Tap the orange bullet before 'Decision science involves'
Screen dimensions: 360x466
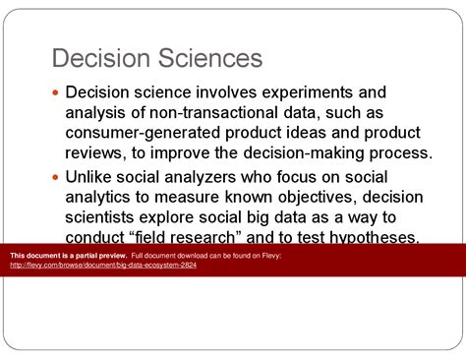click(x=55, y=92)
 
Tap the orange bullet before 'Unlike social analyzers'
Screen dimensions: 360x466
click(x=55, y=179)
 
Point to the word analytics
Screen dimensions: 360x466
click(x=100, y=199)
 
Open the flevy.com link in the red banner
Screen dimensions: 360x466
click(x=103, y=266)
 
